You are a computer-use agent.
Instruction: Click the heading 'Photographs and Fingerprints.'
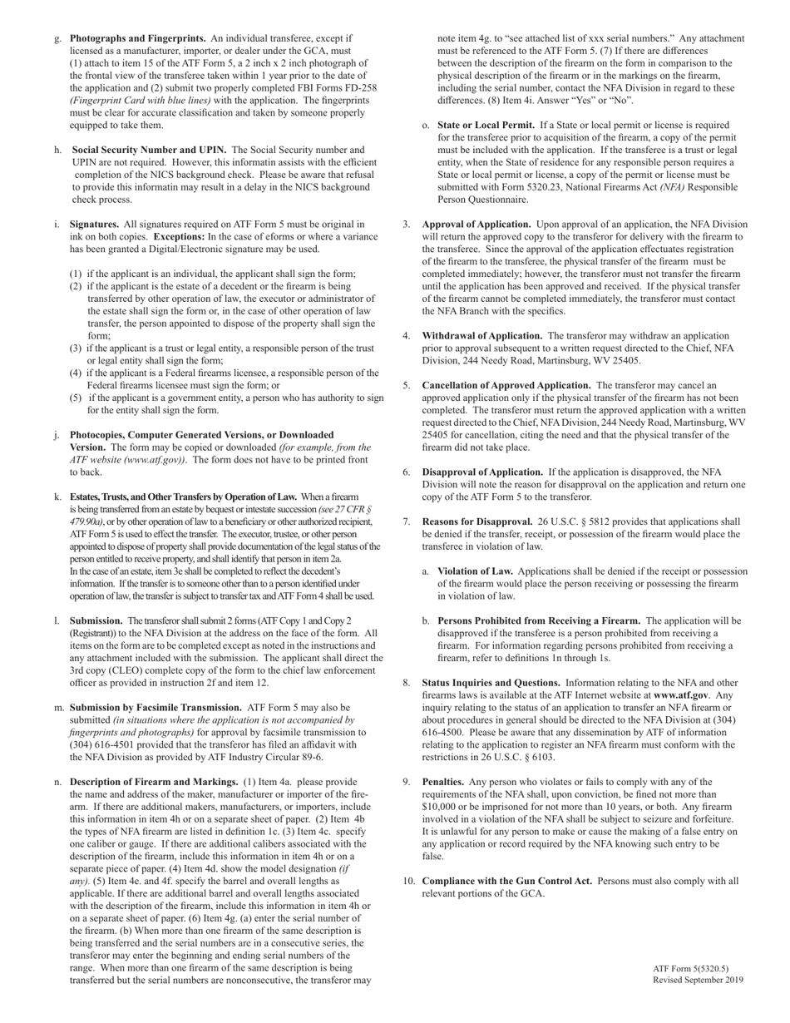pos(138,38)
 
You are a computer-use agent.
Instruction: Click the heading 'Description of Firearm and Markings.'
pos(154,782)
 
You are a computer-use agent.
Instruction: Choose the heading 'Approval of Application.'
pos(476,225)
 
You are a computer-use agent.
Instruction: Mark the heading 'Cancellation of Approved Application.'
pos(506,385)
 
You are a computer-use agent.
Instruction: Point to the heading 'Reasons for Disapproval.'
pos(477,521)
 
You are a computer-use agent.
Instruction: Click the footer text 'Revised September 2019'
pos(698,980)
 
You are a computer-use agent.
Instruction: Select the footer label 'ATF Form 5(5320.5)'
pos(690,968)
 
